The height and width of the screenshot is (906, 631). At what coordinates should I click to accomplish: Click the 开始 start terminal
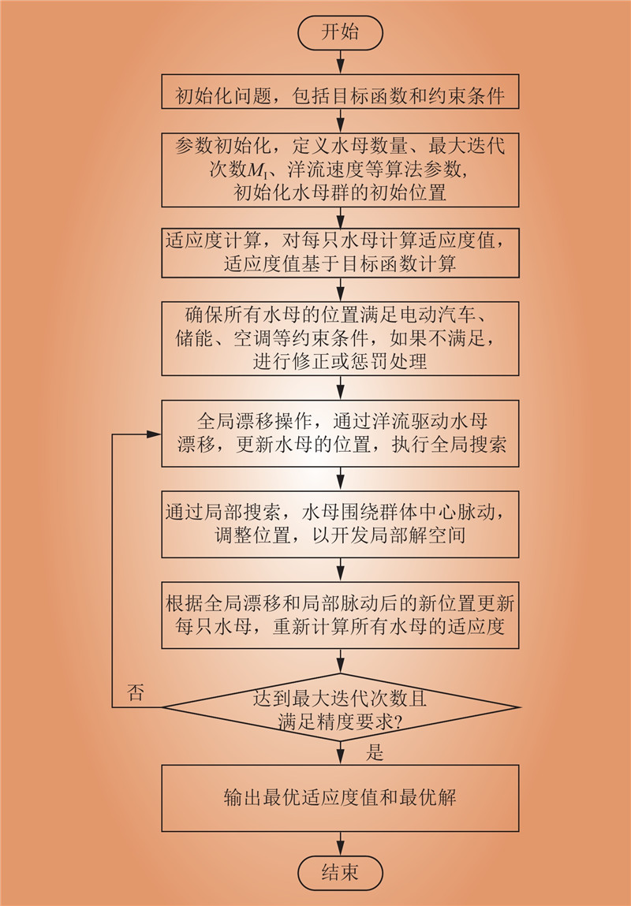tap(340, 32)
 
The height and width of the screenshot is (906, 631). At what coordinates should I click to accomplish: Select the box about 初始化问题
tap(340, 96)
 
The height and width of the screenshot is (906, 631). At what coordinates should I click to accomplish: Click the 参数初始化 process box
tap(340, 169)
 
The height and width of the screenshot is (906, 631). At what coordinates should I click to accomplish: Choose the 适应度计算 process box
tap(340, 252)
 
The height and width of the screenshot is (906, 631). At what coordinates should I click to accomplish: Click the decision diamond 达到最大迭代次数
tap(340, 707)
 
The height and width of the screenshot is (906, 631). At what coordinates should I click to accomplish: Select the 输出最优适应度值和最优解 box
tap(340, 797)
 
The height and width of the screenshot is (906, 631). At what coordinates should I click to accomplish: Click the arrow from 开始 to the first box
tap(340, 62)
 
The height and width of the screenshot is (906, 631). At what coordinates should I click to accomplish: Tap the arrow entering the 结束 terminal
tap(340, 844)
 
